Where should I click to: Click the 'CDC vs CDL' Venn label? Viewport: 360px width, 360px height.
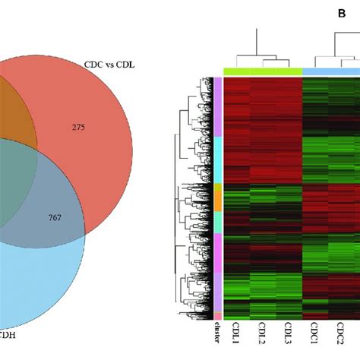109,65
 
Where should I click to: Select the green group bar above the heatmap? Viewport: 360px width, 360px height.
262,72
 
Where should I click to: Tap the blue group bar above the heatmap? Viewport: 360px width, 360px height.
330,72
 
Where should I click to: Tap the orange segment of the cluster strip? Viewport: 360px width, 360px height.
218,196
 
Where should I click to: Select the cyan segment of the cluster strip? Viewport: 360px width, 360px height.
218,159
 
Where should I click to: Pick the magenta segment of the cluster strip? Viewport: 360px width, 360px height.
218,251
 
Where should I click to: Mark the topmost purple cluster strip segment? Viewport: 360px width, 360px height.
218,106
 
